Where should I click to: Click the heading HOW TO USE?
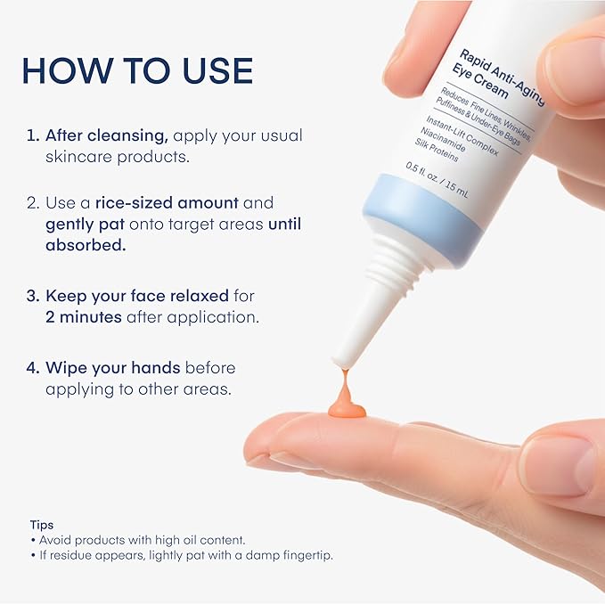(137, 71)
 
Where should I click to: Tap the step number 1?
(30, 136)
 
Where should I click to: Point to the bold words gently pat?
(87, 225)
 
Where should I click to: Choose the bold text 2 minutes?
(84, 317)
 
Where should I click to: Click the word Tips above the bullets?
(41, 525)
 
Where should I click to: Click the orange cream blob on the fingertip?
(346, 408)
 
